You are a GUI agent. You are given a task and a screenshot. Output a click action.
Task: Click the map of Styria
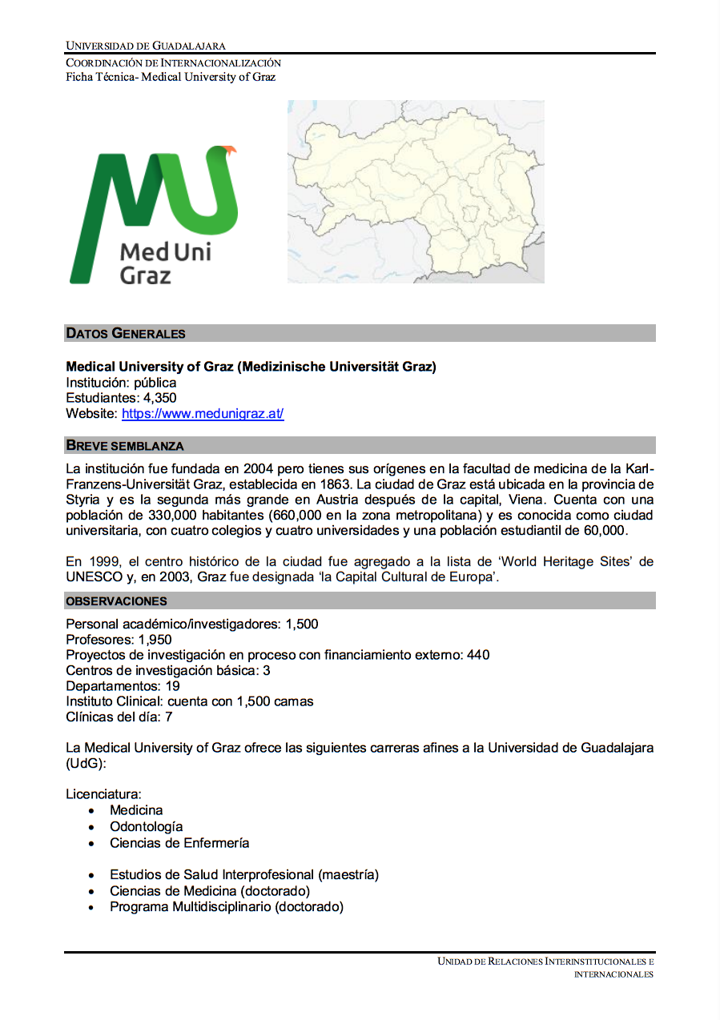tap(416, 191)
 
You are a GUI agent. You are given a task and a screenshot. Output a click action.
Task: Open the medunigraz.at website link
tap(203, 414)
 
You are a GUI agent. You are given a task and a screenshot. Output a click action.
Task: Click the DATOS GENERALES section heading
tap(125, 333)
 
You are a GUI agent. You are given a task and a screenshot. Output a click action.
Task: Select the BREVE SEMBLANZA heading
tap(124, 445)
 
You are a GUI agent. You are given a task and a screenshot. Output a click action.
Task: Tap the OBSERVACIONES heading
tap(116, 600)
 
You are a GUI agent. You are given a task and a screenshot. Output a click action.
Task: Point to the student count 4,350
tap(160, 398)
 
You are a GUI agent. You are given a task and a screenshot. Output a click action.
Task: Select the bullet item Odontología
tap(146, 826)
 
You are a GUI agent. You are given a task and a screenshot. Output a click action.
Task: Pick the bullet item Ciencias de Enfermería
tap(179, 843)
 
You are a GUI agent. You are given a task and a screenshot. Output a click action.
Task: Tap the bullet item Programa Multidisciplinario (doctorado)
tap(227, 907)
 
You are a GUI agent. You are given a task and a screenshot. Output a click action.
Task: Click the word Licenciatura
tap(103, 794)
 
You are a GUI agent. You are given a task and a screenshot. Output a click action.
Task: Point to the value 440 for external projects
tap(478, 655)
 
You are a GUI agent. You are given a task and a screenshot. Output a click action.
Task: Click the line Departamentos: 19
tap(123, 686)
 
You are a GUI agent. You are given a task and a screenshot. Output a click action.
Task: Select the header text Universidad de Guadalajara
tap(146, 46)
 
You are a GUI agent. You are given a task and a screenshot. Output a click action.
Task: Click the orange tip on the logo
tap(231, 149)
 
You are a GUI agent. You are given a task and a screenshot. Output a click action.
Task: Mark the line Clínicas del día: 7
tap(119, 717)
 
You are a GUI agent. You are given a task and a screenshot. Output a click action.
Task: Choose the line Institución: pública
tap(121, 383)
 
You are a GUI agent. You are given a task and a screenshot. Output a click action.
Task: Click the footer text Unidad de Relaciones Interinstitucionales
tap(545, 962)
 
